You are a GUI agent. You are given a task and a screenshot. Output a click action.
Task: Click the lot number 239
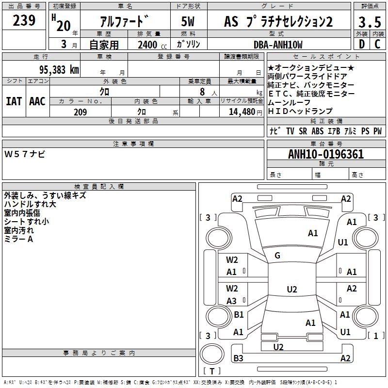pyautogui.click(x=24, y=20)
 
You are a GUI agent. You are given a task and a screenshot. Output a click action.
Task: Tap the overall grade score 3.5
pyautogui.click(x=370, y=22)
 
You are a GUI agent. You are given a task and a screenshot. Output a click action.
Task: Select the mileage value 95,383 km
pyautogui.click(x=59, y=70)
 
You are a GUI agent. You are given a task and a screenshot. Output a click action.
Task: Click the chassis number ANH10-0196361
pyautogui.click(x=326, y=154)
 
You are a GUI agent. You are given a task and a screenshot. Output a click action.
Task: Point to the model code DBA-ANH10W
pyautogui.click(x=278, y=45)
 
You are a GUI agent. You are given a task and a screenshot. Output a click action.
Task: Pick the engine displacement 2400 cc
pyautogui.click(x=152, y=45)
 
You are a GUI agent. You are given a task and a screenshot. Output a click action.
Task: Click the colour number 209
pyautogui.click(x=80, y=112)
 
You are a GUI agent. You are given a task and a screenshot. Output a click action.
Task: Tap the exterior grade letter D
pyautogui.click(x=362, y=44)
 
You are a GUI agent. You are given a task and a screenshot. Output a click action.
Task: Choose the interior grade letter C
pyautogui.click(x=377, y=44)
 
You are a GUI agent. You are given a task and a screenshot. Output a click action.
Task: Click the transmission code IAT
pyautogui.click(x=14, y=101)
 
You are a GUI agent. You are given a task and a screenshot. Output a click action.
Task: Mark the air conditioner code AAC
pyautogui.click(x=37, y=101)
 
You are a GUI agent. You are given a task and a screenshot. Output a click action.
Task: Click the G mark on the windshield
pyautogui.click(x=277, y=256)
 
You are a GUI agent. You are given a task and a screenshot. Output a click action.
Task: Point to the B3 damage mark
pyautogui.click(x=238, y=358)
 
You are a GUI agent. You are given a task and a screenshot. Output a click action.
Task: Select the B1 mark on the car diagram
pyautogui.click(x=239, y=314)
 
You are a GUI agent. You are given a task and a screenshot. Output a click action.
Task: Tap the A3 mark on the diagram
pyautogui.click(x=231, y=301)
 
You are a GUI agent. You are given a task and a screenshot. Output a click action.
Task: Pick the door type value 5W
pyautogui.click(x=188, y=21)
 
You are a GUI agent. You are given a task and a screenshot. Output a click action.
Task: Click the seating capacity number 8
pyautogui.click(x=202, y=92)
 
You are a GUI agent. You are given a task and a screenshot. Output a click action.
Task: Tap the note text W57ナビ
pyautogui.click(x=25, y=154)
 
